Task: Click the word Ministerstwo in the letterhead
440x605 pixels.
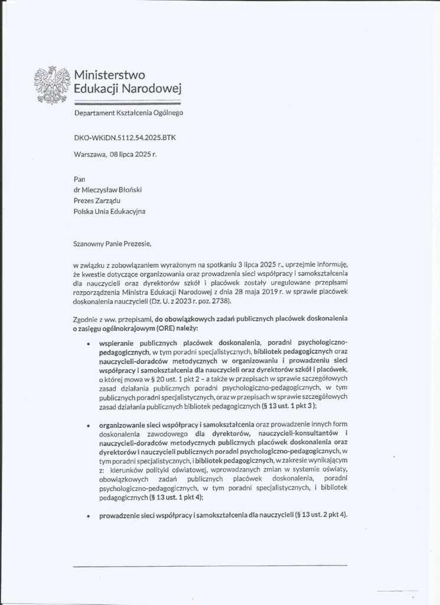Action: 109,75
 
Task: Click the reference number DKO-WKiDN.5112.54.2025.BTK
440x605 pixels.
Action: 125,138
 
